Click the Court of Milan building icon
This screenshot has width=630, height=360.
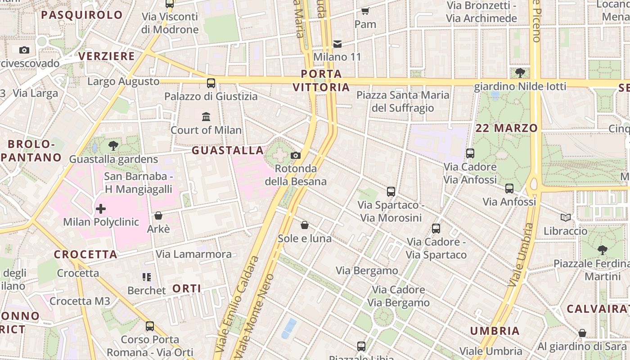click(x=206, y=117)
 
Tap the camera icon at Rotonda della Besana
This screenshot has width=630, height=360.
click(x=296, y=155)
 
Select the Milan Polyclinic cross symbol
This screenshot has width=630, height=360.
click(x=101, y=208)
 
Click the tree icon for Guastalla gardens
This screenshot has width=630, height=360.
click(x=113, y=145)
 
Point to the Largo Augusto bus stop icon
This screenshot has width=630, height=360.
click(x=211, y=83)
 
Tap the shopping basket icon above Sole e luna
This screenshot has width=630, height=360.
click(x=305, y=225)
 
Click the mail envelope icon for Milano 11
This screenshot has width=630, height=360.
click(x=337, y=44)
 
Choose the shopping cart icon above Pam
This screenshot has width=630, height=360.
click(x=365, y=11)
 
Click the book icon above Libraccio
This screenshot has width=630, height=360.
click(x=566, y=217)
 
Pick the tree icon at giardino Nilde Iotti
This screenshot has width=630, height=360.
click(x=520, y=72)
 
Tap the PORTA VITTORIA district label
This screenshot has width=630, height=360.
click(x=321, y=80)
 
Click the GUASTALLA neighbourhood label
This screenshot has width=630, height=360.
click(x=228, y=150)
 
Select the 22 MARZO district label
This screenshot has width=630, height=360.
click(x=507, y=128)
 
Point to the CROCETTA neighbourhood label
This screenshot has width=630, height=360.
click(x=86, y=254)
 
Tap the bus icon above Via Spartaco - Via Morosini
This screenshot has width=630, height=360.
click(x=391, y=192)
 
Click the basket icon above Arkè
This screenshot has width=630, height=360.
click(x=158, y=216)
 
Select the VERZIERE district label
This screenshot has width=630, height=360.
click(x=107, y=56)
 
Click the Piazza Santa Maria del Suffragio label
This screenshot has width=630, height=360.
click(x=403, y=101)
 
